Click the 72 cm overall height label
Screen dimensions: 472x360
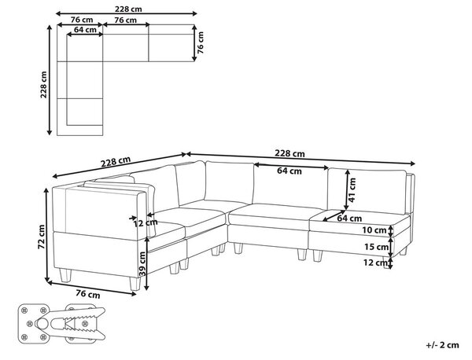click(x=41, y=237)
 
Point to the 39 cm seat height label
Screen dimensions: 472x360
click(x=142, y=264)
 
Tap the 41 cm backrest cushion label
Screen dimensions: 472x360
click(x=352, y=189)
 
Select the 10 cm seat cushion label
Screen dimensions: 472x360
click(x=374, y=230)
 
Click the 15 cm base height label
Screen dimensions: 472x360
click(x=376, y=247)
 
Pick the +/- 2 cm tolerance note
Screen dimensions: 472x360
click(x=442, y=344)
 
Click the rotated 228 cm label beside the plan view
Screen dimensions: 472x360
click(x=44, y=85)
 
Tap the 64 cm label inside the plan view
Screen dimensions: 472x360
click(x=85, y=30)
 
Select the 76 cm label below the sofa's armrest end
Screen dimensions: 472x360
click(x=88, y=293)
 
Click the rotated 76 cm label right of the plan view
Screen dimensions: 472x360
click(x=201, y=42)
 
